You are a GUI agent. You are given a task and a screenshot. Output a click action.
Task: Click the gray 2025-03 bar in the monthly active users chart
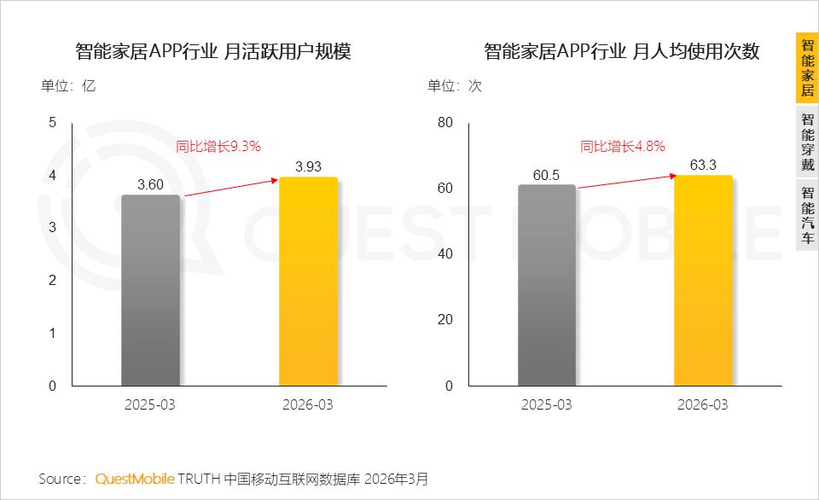tap(150, 290)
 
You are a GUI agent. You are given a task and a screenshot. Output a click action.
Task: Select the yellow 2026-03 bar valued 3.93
tap(308, 282)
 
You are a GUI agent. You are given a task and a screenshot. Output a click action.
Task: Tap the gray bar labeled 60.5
tap(547, 285)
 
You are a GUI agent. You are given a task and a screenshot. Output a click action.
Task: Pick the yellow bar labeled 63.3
tap(703, 281)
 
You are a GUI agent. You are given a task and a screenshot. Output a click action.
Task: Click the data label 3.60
tap(150, 184)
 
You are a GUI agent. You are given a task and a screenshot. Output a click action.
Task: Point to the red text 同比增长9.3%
tap(218, 146)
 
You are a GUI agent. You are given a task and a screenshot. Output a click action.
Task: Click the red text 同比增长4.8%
tap(623, 146)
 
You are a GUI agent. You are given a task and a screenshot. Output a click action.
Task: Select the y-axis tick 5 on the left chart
tap(52, 122)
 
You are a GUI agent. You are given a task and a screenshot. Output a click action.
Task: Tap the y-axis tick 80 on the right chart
tap(445, 122)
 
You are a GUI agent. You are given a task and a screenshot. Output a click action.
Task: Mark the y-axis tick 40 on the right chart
tap(445, 254)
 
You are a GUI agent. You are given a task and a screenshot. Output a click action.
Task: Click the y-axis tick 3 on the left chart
tap(52, 227)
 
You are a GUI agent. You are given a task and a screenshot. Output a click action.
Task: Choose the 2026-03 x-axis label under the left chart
tap(308, 405)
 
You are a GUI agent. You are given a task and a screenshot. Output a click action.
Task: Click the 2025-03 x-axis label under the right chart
tap(546, 405)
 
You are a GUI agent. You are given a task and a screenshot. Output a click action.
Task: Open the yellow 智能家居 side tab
tap(808, 68)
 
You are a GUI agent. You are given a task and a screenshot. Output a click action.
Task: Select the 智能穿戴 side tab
tap(808, 142)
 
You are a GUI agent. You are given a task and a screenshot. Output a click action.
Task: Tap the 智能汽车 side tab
tap(808, 215)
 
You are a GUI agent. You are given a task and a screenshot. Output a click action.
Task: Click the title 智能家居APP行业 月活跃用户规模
tap(213, 51)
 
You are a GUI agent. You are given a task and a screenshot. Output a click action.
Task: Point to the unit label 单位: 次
tap(455, 85)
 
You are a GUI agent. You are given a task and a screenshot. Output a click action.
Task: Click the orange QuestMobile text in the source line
tap(135, 479)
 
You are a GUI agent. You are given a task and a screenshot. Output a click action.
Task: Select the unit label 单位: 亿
tap(68, 85)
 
